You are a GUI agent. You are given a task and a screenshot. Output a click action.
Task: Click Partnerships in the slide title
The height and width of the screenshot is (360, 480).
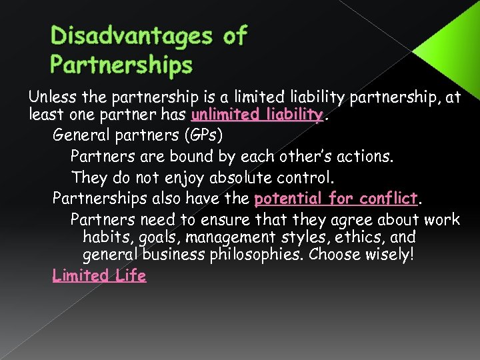[121, 65]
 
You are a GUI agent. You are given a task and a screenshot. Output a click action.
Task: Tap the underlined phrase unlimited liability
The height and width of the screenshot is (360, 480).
[257, 115]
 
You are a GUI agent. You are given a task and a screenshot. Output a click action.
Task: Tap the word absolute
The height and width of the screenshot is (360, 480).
[239, 178]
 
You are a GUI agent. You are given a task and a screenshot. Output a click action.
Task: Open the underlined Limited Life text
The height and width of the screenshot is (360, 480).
[99, 275]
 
